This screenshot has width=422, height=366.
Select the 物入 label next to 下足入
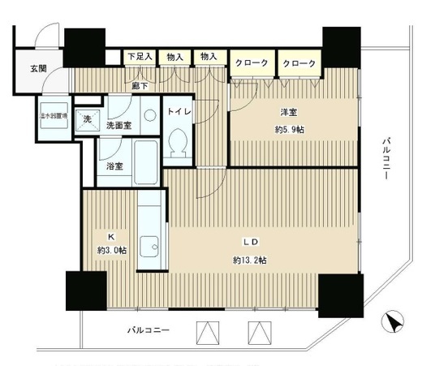pos(174,57)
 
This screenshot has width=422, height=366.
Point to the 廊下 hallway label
pos(140,84)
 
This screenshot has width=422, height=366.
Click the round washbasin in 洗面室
pos(149,116)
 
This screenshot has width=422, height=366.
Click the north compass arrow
pos(394,321)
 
